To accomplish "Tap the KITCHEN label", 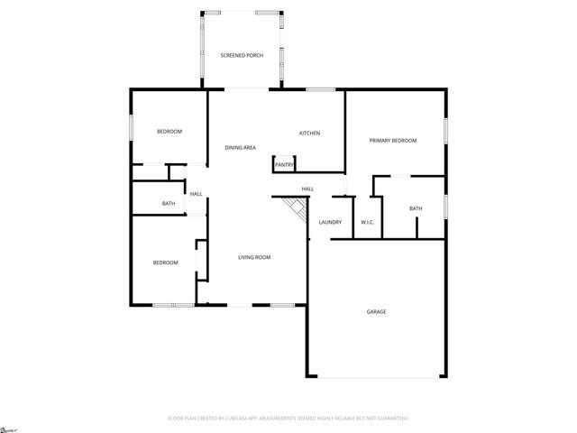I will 310,134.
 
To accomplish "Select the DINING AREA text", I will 241,147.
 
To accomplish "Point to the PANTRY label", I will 284,165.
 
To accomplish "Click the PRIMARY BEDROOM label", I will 393,141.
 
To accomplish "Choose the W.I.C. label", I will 368,222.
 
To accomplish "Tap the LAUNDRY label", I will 330,222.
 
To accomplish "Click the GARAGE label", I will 376,312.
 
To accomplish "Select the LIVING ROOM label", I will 254,257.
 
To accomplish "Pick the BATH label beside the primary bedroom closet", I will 416,209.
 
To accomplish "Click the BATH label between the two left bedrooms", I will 169,204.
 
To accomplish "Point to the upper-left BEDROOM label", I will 169,132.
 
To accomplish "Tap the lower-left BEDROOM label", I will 165,263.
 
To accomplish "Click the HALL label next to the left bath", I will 196,194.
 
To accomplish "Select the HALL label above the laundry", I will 307,189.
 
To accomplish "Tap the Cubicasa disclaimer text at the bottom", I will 288,419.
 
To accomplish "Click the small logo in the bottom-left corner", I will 10,428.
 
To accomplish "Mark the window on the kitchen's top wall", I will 320,88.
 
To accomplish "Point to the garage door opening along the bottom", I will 376,377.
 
